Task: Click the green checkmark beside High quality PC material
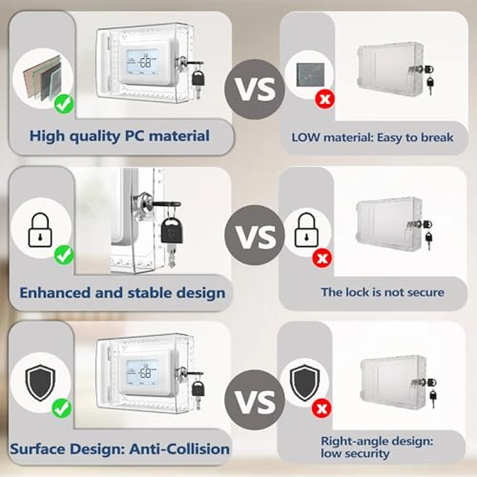(x=63, y=104)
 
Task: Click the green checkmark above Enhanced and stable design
(x=64, y=256)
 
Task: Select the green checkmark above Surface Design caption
(x=63, y=408)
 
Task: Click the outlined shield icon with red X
(x=304, y=384)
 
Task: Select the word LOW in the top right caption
(x=306, y=137)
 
